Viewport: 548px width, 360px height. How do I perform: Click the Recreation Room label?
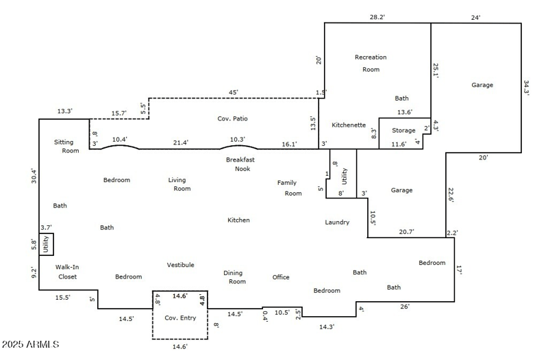coord(371,63)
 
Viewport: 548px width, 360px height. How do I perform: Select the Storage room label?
coord(403,130)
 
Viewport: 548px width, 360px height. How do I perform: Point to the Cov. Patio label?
coord(233,118)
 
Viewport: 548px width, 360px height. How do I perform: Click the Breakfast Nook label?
coord(240,164)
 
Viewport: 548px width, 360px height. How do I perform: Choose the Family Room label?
coord(290,188)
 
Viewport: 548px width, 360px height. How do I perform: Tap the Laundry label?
coord(337,222)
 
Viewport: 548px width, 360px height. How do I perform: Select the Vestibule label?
coord(181,265)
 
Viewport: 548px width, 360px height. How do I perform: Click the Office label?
coord(281,277)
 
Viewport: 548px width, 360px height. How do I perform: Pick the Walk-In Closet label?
coord(66,272)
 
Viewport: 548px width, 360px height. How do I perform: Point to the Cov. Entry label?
coord(180,318)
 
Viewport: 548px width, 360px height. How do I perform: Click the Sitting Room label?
coord(66,146)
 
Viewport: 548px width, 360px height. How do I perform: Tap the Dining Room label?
coord(234,277)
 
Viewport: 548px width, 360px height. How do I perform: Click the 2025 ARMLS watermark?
coord(32,344)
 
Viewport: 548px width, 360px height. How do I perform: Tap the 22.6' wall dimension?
coord(451,194)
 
